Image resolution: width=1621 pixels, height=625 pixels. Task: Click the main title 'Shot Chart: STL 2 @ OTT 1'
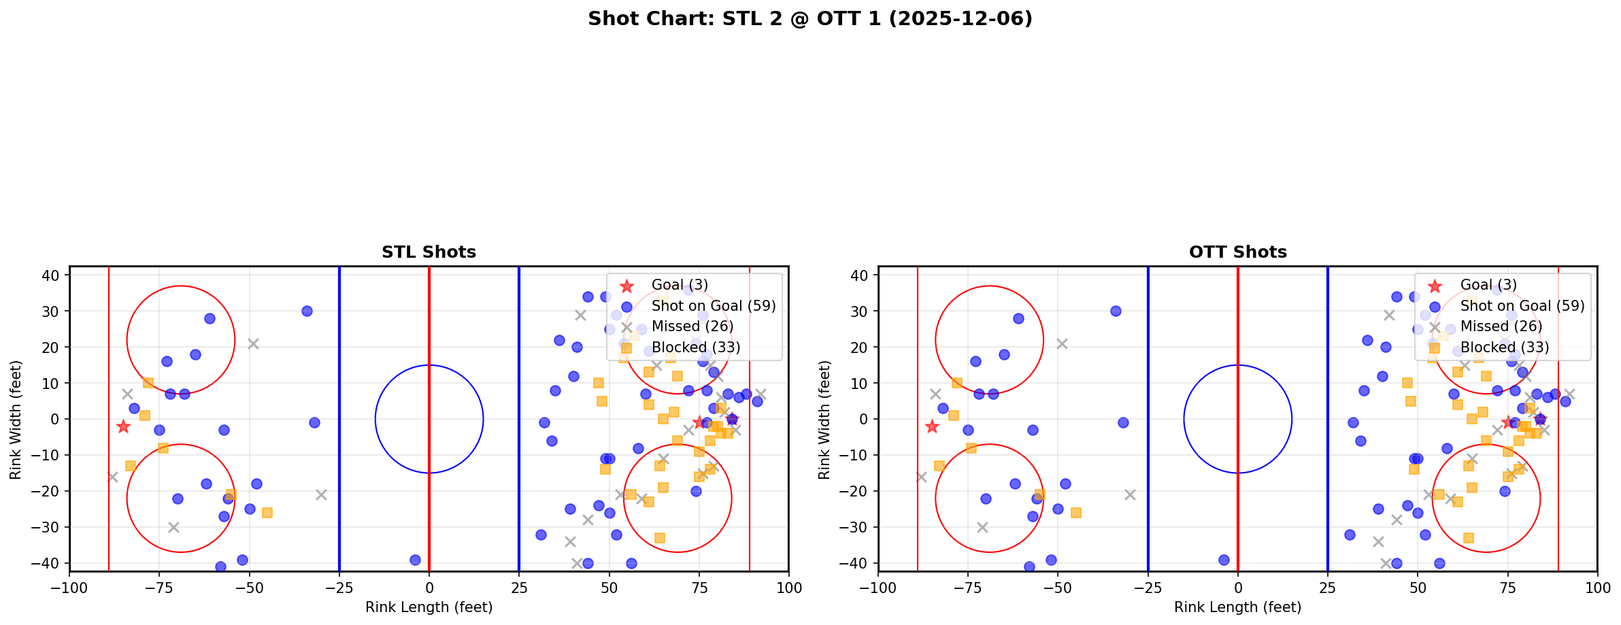pyautogui.click(x=809, y=19)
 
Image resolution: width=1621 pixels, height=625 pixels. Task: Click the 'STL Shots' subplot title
pyautogui.click(x=429, y=252)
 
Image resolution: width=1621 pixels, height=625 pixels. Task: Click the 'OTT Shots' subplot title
pyautogui.click(x=1237, y=252)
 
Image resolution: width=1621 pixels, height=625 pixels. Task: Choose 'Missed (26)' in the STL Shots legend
pyautogui.click(x=692, y=326)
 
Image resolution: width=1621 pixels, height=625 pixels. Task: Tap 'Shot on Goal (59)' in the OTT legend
pyautogui.click(x=1522, y=306)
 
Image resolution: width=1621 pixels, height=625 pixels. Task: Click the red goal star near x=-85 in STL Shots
pyautogui.click(x=123, y=426)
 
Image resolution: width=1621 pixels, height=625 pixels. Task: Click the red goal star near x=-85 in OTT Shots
pyautogui.click(x=932, y=426)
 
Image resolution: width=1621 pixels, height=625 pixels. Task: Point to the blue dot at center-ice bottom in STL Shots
pyautogui.click(x=415, y=560)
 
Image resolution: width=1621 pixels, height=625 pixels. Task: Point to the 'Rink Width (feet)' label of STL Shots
pyautogui.click(x=16, y=420)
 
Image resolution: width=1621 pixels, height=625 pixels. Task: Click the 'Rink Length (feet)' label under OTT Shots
pyautogui.click(x=1237, y=607)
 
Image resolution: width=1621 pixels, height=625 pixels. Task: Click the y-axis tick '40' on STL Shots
pyautogui.click(x=55, y=275)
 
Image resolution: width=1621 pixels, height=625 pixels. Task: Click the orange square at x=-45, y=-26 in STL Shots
pyautogui.click(x=267, y=513)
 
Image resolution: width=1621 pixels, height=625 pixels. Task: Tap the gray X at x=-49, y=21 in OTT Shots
pyautogui.click(x=1062, y=343)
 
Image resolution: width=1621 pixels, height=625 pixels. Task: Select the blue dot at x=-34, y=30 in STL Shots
pyautogui.click(x=307, y=311)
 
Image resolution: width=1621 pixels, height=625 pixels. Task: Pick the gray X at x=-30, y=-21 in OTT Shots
pyautogui.click(x=1130, y=494)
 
